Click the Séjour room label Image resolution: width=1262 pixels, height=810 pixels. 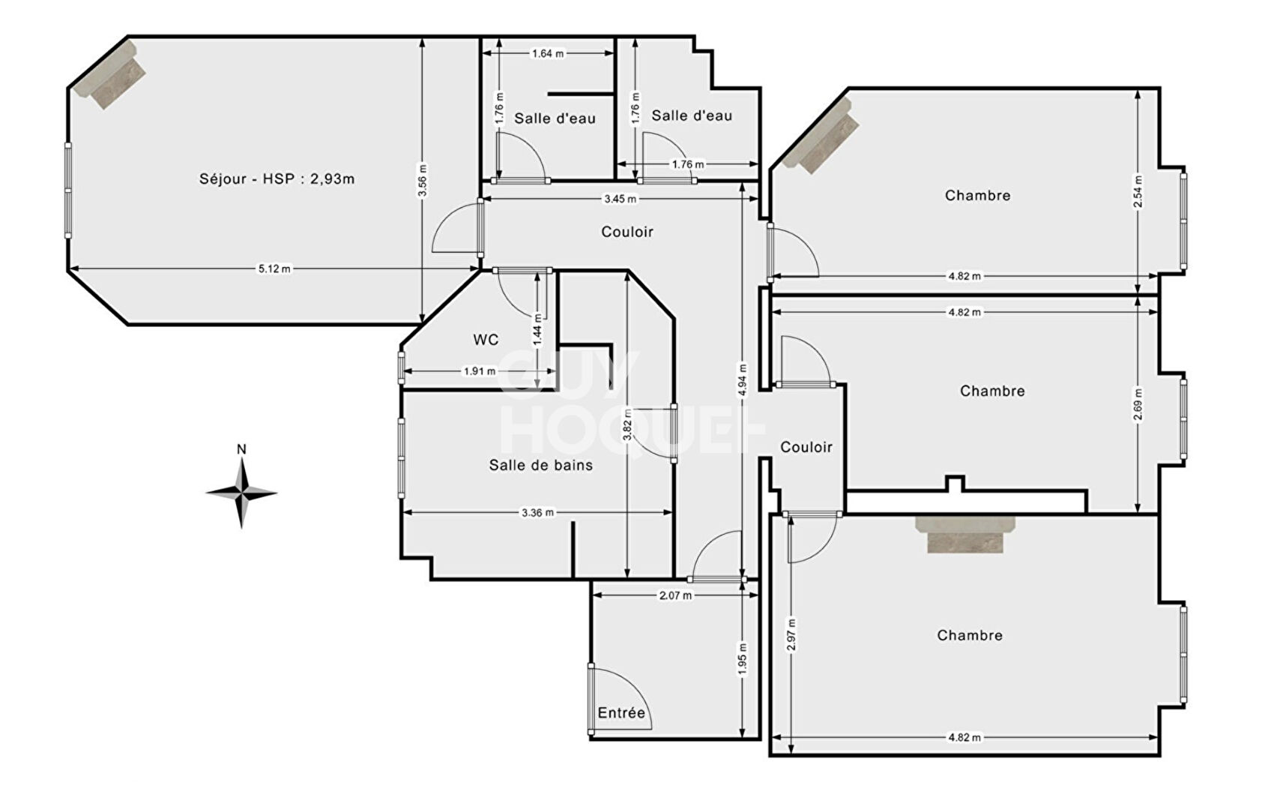point(277,179)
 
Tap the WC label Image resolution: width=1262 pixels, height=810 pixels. point(486,340)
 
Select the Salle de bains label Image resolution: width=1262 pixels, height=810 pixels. point(540,465)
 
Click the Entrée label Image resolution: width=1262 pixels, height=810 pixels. point(621,712)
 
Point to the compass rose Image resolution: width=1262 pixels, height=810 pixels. point(241,493)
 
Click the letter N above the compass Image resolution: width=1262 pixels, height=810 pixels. point(241,449)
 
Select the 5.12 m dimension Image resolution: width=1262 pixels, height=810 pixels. point(274,268)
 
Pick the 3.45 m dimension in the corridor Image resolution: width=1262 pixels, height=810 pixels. point(620,199)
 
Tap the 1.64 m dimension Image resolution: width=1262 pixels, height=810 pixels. point(548,53)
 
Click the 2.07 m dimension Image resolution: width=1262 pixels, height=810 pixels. point(675,595)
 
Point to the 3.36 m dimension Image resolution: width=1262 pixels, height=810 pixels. point(537,513)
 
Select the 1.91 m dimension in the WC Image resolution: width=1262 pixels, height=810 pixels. point(479,371)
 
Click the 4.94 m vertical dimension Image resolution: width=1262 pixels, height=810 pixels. point(743,379)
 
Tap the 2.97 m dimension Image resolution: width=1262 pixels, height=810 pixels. point(792,634)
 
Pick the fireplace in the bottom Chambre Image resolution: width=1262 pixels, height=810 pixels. point(965,533)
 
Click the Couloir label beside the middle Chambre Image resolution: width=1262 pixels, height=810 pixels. point(806,447)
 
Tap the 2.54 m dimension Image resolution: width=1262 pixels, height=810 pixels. point(1138,191)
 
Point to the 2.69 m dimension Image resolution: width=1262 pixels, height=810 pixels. point(1138,405)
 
